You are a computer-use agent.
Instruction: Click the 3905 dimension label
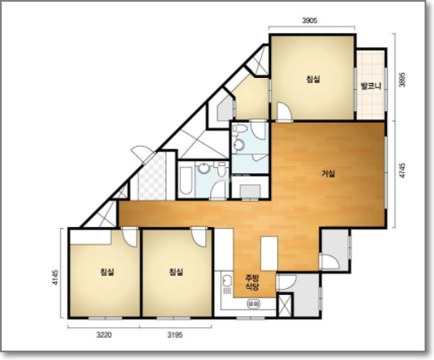pyautogui.click(x=310, y=21)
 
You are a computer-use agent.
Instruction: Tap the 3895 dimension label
pyautogui.click(x=402, y=80)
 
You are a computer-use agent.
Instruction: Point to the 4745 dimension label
pyautogui.click(x=402, y=171)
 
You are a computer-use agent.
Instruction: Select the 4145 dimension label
pyautogui.click(x=55, y=277)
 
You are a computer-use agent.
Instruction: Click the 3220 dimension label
pyautogui.click(x=104, y=334)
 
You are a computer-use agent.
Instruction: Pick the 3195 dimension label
pyautogui.click(x=175, y=334)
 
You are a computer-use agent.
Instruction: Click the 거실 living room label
pyautogui.click(x=328, y=173)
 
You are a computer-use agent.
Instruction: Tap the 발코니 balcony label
pyautogui.click(x=371, y=86)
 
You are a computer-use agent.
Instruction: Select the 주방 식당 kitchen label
pyautogui.click(x=252, y=282)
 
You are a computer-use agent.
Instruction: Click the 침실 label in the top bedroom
pyautogui.click(x=313, y=79)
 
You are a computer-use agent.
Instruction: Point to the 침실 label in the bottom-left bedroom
pyautogui.click(x=107, y=272)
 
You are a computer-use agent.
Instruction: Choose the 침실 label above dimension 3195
pyautogui.click(x=176, y=272)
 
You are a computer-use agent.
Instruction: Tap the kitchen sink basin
pyautogui.click(x=227, y=281)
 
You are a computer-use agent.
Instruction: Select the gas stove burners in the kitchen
pyautogui.click(x=254, y=303)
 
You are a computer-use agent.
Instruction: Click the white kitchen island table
pyautogui.click(x=269, y=254)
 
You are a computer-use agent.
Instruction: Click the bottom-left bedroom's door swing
pyautogui.click(x=130, y=237)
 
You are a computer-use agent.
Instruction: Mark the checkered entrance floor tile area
pyautogui.click(x=152, y=177)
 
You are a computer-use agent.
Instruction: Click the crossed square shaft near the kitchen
pyautogui.click(x=286, y=305)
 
